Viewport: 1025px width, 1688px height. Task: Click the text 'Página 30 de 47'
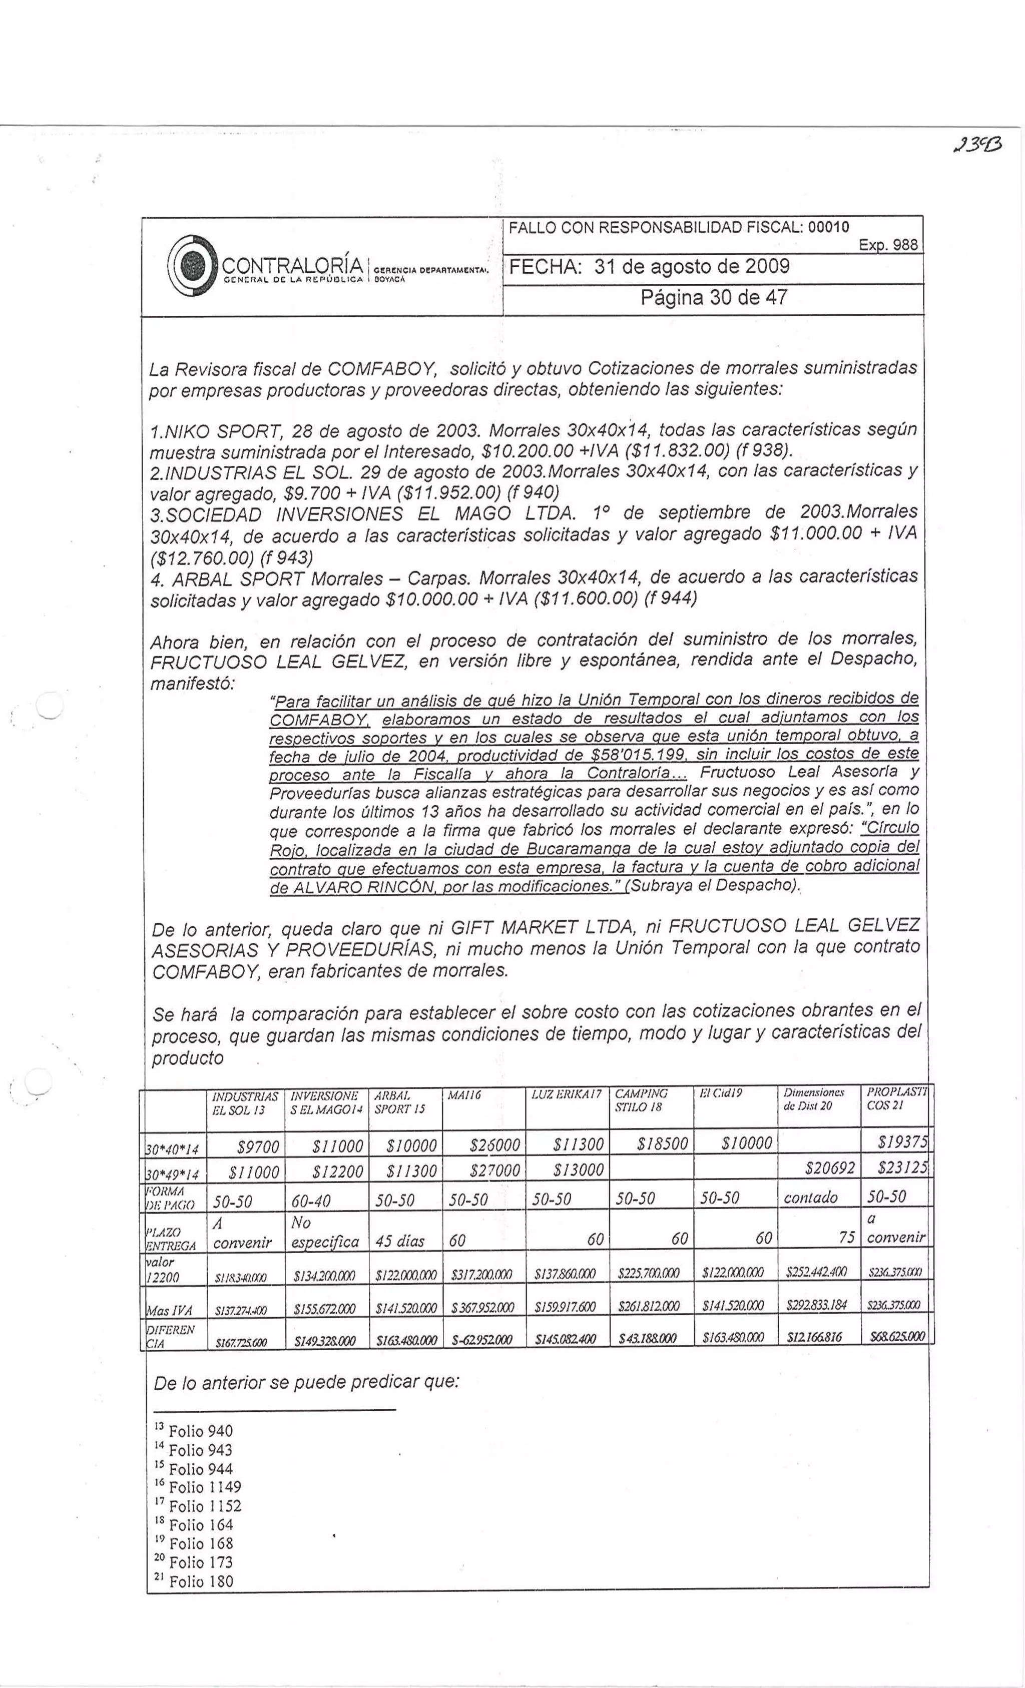[713, 297]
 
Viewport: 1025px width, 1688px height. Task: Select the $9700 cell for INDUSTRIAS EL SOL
[258, 1146]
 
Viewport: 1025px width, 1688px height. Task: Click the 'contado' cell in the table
[811, 1198]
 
